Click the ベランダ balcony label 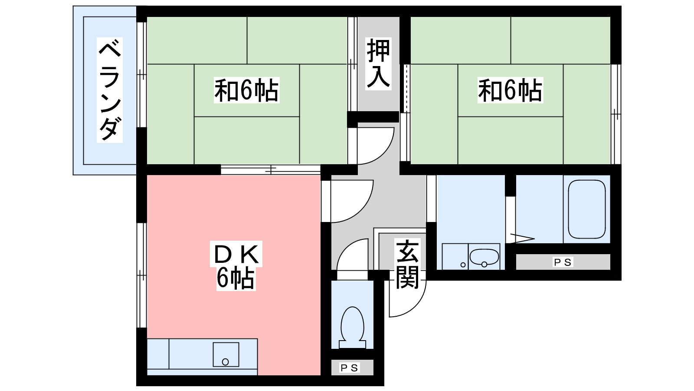click(x=110, y=90)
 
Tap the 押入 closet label click(x=378, y=63)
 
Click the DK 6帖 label click(x=236, y=265)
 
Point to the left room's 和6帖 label click(x=247, y=90)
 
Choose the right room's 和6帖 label click(x=510, y=90)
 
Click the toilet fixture click(x=352, y=328)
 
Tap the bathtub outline click(x=587, y=209)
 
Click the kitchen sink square click(x=226, y=355)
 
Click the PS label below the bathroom click(x=563, y=262)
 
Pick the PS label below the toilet click(x=350, y=368)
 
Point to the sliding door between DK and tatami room click(x=271, y=170)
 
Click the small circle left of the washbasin click(x=463, y=265)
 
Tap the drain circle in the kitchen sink click(x=226, y=362)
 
